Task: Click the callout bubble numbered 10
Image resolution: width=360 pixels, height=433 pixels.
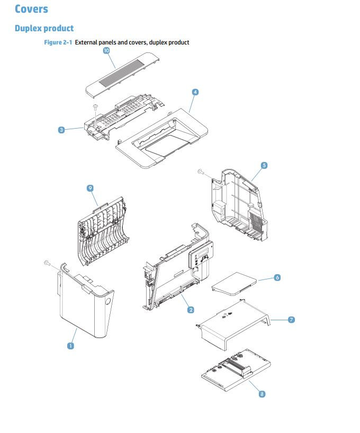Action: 106,51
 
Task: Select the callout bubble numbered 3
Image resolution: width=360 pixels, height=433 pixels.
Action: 62,130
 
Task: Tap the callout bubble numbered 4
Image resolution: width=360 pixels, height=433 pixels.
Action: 195,92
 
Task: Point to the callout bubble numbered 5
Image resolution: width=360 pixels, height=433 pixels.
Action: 264,166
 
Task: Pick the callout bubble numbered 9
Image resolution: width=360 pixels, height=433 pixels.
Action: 91,188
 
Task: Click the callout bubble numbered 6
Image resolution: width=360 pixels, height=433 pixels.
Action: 277,277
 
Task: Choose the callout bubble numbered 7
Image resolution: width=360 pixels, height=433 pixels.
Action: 291,320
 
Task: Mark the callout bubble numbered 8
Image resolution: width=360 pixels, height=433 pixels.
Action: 262,394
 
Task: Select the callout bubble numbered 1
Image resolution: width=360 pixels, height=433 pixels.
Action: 70,346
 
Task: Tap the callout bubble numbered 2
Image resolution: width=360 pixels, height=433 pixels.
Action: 191,310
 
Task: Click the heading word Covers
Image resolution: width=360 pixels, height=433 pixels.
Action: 31,9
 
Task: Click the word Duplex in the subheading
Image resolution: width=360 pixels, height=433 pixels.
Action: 29,28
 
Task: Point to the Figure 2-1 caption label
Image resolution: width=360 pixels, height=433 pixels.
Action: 58,42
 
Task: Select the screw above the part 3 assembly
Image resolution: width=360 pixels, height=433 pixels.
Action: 95,107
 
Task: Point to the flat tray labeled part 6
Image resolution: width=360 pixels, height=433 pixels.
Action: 234,281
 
